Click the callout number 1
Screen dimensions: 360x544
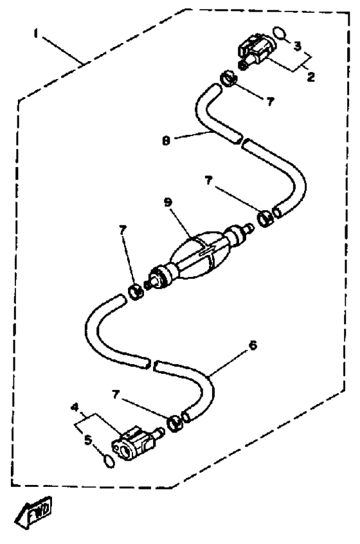point(35,34)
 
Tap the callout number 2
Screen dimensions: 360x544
point(310,76)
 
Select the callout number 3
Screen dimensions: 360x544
point(298,46)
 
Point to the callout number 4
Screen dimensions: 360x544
point(74,407)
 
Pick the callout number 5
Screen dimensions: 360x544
point(88,440)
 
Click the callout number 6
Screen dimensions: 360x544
point(253,345)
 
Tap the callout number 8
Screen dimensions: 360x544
point(166,141)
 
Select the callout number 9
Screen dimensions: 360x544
point(168,202)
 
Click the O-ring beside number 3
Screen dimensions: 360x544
point(280,33)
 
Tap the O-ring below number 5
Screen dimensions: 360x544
point(109,461)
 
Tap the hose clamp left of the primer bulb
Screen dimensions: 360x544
point(136,292)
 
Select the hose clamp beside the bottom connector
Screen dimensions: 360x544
point(175,424)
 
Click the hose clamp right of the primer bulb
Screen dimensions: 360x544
point(266,218)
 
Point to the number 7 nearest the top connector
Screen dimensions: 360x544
point(270,101)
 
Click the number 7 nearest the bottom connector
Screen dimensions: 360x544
point(116,394)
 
